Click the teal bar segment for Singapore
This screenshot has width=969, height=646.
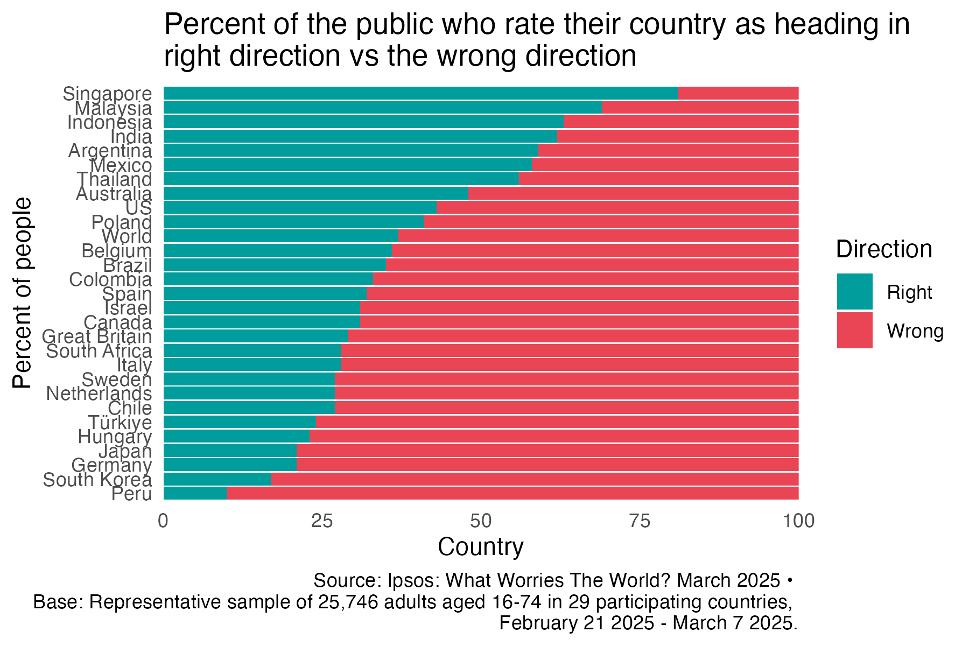(420, 93)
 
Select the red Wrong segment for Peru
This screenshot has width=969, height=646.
(511, 493)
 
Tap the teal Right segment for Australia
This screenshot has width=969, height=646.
(315, 193)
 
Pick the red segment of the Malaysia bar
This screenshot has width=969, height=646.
(700, 107)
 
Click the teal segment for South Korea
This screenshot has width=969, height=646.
(217, 479)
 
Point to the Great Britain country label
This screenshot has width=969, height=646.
(97, 336)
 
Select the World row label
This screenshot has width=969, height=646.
(127, 236)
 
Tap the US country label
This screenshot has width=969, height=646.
(138, 208)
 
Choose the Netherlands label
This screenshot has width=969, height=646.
(99, 394)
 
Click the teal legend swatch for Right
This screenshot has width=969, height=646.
(854, 292)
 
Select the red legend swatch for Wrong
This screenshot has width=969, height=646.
(854, 331)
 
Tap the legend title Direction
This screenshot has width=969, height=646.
(884, 249)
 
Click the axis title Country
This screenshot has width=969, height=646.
(480, 547)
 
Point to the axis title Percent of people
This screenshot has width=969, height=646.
(23, 293)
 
